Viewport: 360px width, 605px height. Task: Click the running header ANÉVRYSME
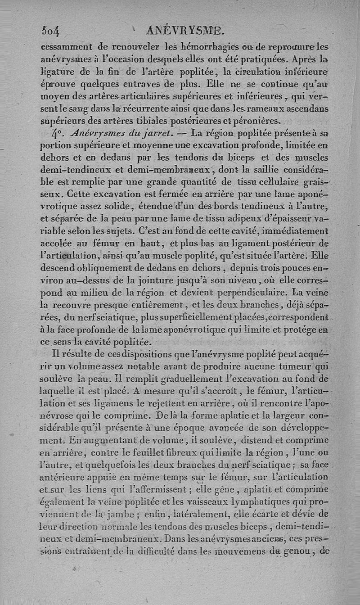click(185, 31)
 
